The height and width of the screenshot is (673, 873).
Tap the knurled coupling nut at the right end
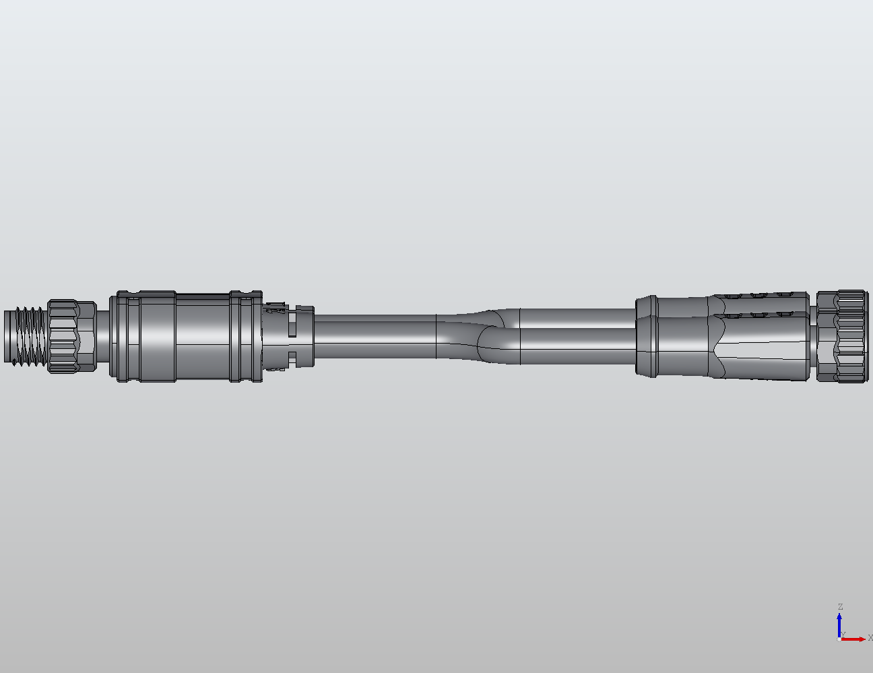pos(842,336)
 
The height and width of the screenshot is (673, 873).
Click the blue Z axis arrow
pos(839,623)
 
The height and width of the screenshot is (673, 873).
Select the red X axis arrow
pos(854,639)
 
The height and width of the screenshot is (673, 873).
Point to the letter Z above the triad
pos(840,607)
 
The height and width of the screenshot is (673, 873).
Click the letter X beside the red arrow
pos(870,638)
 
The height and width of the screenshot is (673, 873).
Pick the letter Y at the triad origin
pos(843,635)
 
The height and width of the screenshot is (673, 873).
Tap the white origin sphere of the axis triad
pos(839,639)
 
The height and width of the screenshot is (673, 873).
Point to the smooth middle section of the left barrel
pos(202,337)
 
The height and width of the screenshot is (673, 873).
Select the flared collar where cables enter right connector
pos(647,336)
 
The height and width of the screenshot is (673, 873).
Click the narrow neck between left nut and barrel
pos(104,336)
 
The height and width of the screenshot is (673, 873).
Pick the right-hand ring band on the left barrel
pos(237,337)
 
